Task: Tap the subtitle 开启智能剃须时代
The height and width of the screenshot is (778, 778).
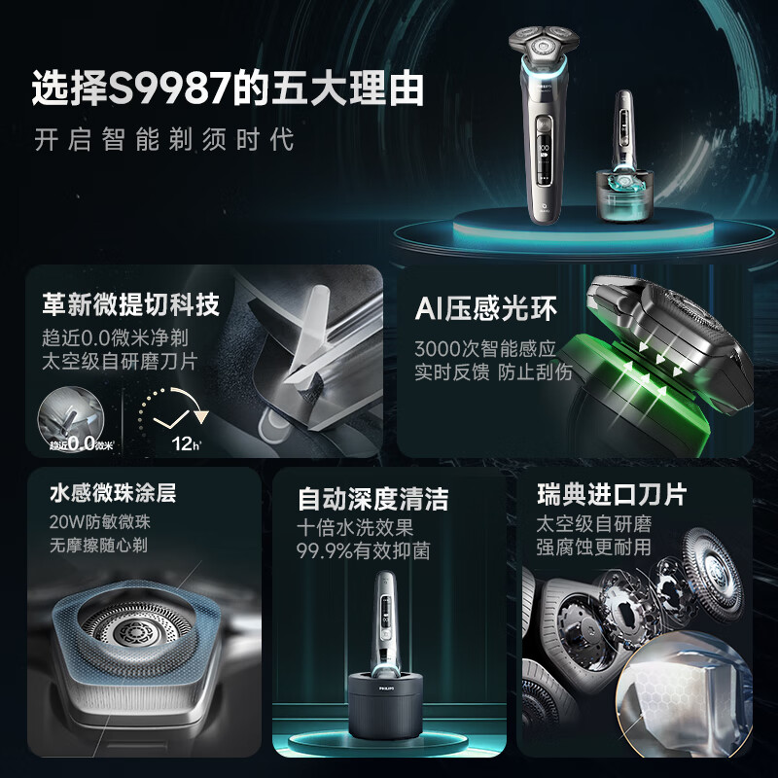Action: [163, 138]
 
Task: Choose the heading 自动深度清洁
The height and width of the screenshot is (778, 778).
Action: [372, 500]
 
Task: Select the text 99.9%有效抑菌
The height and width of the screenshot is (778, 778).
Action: [363, 550]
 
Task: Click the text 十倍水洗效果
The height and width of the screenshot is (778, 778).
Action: [356, 528]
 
